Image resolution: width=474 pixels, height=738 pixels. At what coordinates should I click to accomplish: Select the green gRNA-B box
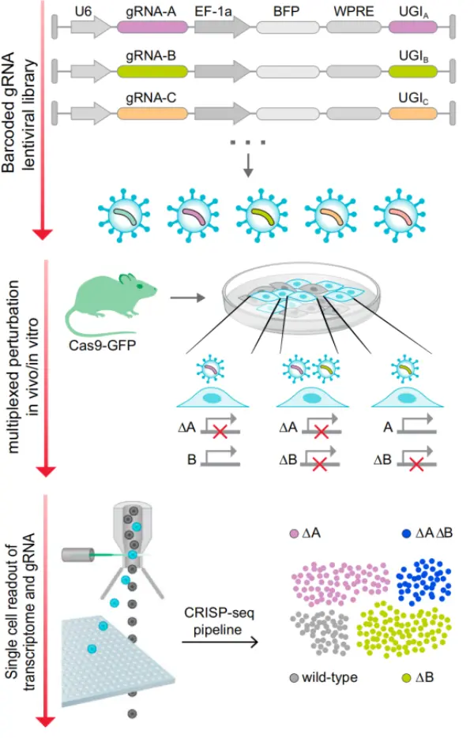coord(152,71)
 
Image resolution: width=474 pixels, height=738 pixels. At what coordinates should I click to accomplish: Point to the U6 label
coord(83,11)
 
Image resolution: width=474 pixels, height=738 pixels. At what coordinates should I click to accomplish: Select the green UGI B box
coord(412,71)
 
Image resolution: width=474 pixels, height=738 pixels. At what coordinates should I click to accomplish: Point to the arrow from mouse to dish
coord(188,299)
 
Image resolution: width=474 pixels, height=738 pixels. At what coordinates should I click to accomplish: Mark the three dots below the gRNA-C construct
coord(248,142)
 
